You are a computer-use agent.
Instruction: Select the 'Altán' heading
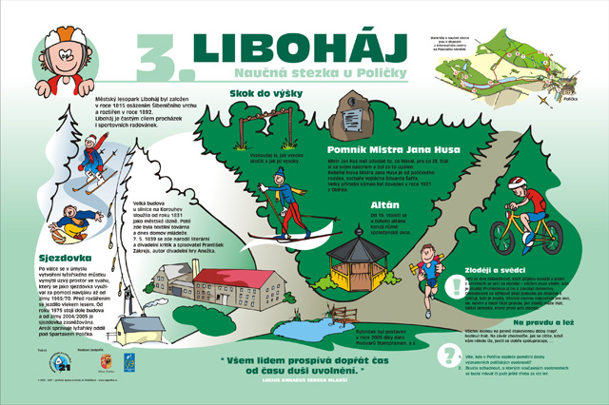point(356,204)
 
